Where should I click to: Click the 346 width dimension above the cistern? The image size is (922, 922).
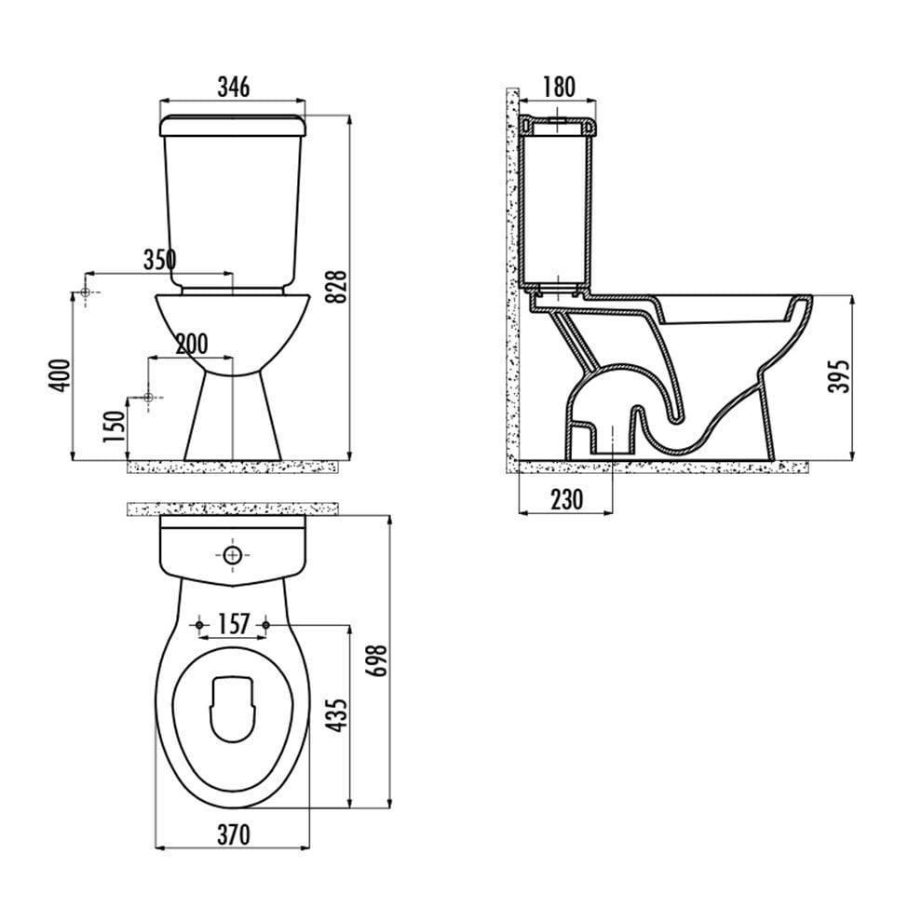click(x=234, y=87)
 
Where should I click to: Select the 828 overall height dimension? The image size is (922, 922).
click(x=337, y=287)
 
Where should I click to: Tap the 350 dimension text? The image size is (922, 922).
click(x=160, y=259)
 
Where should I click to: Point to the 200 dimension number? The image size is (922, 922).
click(x=192, y=344)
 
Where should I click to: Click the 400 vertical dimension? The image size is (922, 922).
click(x=60, y=375)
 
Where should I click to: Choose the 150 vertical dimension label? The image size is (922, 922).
click(x=115, y=427)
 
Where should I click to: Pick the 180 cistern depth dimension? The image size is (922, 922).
click(x=558, y=87)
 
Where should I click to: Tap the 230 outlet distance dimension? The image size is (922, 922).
click(x=567, y=500)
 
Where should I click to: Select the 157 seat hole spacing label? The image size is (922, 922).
click(x=234, y=625)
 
